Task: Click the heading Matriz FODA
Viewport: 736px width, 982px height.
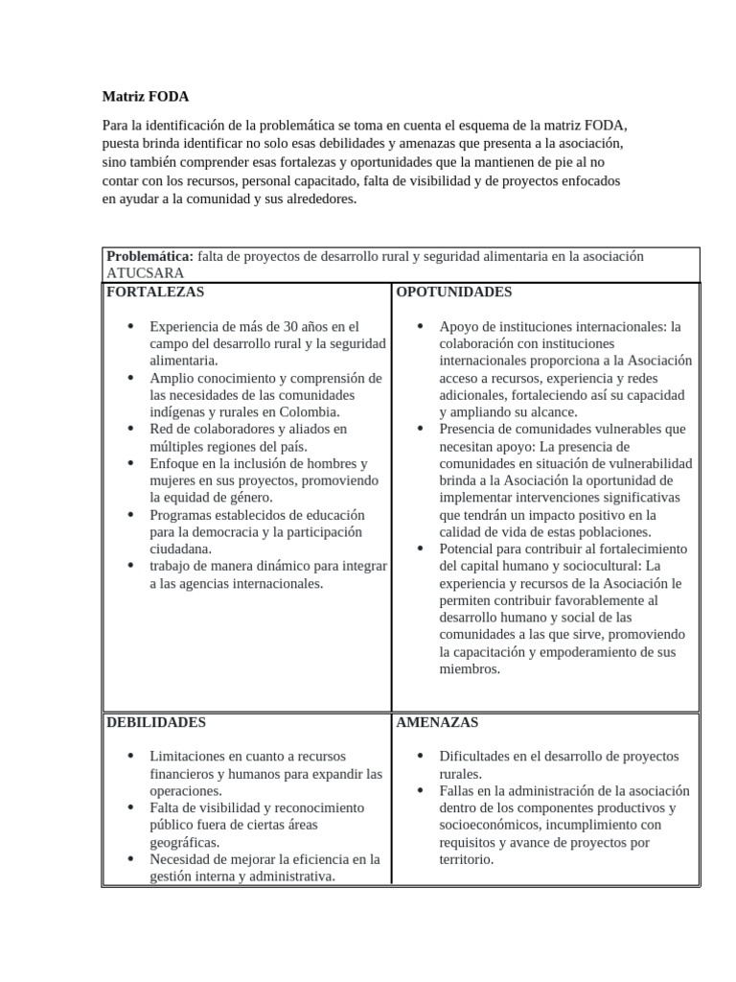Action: [146, 97]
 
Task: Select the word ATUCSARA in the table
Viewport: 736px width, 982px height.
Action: [145, 273]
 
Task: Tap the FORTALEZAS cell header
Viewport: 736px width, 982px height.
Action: [154, 292]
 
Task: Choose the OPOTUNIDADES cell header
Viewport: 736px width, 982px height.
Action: [454, 292]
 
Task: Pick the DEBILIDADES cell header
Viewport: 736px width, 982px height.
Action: [155, 722]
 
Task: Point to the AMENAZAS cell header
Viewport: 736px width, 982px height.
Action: [437, 722]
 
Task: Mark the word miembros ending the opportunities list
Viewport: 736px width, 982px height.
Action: [470, 669]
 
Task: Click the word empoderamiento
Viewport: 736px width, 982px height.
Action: [576, 652]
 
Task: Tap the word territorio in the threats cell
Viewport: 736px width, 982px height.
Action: [467, 859]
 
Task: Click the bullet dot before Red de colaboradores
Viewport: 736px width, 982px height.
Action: [130, 429]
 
